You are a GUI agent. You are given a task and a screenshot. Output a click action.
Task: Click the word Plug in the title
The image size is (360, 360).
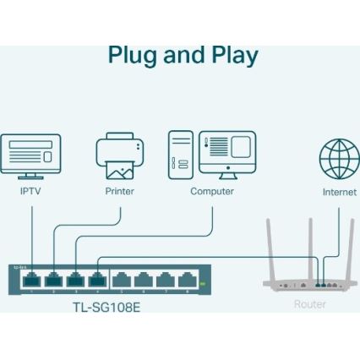coord(134,57)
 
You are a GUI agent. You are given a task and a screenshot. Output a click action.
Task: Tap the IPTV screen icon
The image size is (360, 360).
coord(30,155)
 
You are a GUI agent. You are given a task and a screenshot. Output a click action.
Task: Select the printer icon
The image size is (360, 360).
coord(119,157)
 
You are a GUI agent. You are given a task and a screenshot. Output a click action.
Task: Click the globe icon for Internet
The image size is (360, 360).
coord(339,158)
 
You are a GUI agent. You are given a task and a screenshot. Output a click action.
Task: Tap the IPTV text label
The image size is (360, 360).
coord(30,192)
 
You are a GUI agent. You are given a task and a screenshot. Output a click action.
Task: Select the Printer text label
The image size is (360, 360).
coord(119,192)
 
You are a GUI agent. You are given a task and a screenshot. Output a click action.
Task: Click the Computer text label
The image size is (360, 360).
coord(211,192)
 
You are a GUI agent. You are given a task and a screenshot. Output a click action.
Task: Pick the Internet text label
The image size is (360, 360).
coord(339,192)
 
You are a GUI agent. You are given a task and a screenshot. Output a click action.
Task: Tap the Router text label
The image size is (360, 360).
coord(309,304)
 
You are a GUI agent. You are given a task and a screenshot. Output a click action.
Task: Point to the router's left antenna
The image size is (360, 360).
coord(271,245)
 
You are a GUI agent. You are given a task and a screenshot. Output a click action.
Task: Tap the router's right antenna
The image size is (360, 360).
coord(349,245)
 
